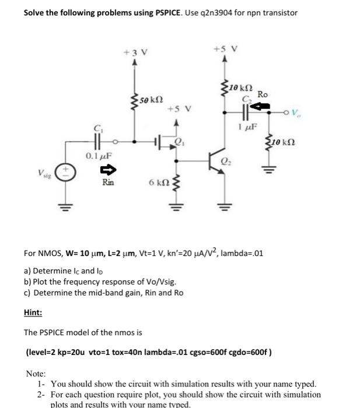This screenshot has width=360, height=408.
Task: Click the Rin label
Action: pyautogui.click(x=108, y=183)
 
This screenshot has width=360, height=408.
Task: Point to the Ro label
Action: pyautogui.click(x=263, y=95)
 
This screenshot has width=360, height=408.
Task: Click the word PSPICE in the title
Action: pyautogui.click(x=150, y=12)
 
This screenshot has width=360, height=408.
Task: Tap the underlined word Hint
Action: pyautogui.click(x=33, y=312)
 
